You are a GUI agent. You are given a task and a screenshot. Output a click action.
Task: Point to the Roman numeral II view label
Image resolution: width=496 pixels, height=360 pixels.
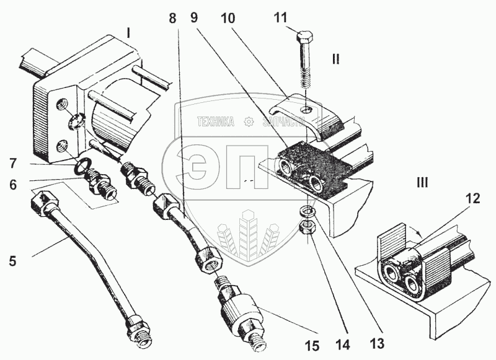click(x=335, y=59)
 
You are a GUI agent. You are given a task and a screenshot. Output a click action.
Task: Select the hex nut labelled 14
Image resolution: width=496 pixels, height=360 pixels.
click(x=306, y=227)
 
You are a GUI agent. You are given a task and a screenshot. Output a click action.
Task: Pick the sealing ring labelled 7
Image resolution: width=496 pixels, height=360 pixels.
click(x=83, y=168)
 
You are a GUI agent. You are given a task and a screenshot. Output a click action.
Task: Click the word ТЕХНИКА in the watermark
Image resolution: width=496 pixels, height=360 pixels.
click(x=216, y=122)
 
